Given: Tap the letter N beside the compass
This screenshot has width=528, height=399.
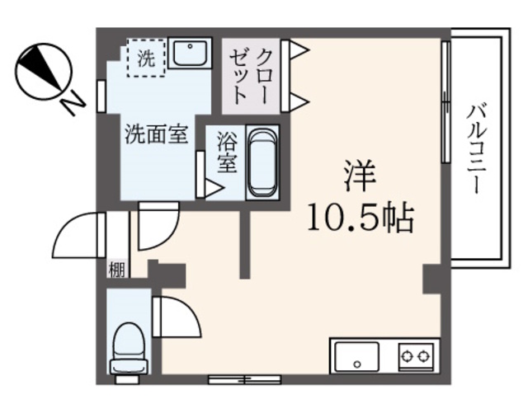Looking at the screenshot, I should (x=73, y=103).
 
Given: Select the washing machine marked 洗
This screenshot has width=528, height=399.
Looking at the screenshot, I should (x=145, y=59).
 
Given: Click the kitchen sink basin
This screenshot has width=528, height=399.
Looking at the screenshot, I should (x=356, y=357).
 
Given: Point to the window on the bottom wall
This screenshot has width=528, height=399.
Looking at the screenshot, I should (x=245, y=379).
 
